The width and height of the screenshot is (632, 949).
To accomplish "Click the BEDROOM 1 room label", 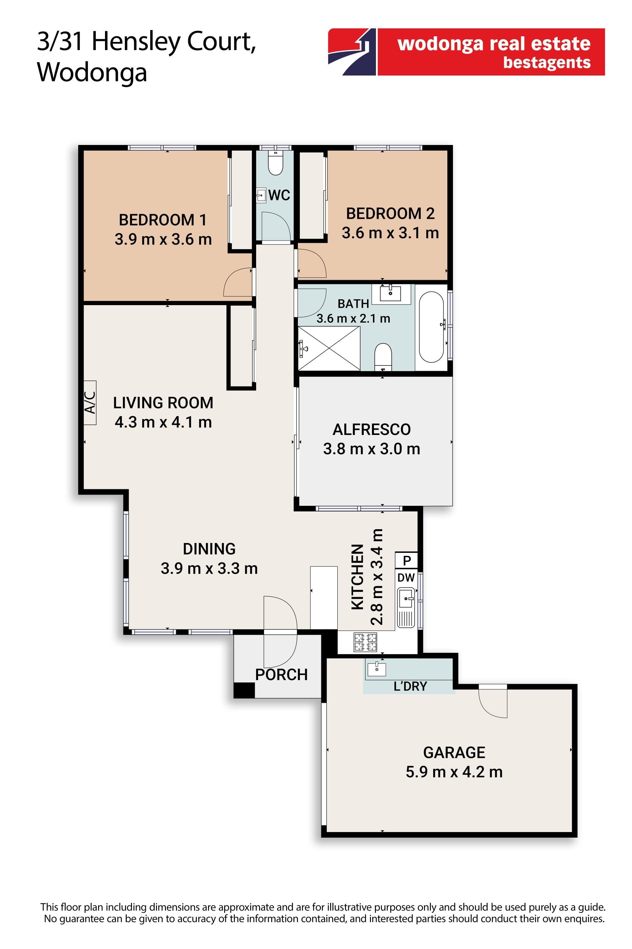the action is pyautogui.click(x=163, y=220).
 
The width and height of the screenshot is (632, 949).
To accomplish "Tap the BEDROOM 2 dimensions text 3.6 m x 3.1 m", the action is pyautogui.click(x=390, y=233).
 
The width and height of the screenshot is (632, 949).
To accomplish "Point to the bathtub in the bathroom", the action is pyautogui.click(x=431, y=327).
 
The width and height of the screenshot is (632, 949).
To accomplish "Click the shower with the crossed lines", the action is pyautogui.click(x=329, y=348).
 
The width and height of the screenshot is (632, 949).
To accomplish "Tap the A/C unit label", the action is pyautogui.click(x=90, y=402).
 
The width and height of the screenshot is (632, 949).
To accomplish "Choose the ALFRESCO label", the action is pyautogui.click(x=372, y=429).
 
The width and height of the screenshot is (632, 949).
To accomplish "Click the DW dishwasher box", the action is pyautogui.click(x=406, y=578).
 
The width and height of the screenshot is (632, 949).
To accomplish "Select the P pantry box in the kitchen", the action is pyautogui.click(x=406, y=561).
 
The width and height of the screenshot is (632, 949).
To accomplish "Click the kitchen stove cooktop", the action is pyautogui.click(x=365, y=642).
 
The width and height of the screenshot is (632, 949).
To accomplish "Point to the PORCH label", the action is pyautogui.click(x=281, y=675).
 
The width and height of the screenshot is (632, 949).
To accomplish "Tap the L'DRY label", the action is pyautogui.click(x=410, y=686).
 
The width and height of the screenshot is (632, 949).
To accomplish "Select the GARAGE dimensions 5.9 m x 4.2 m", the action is pyautogui.click(x=454, y=772).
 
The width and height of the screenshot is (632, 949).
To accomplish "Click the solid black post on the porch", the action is pyautogui.click(x=244, y=690).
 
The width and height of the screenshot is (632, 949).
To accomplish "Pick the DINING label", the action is pyautogui.click(x=209, y=549).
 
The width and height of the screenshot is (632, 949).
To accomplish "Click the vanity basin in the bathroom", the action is pyautogui.click(x=391, y=294).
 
